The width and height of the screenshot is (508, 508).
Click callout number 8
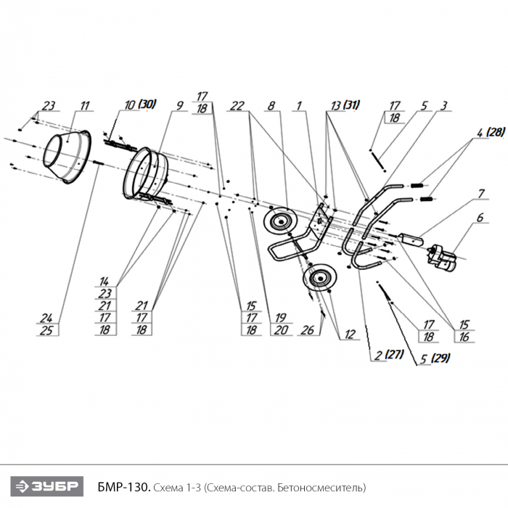pyautogui.click(x=271, y=106)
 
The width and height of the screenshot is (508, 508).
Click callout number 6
pyautogui.click(x=480, y=217)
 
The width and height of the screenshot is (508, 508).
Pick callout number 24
pyautogui.click(x=48, y=317)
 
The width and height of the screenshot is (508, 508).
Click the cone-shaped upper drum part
pyautogui.click(x=67, y=155)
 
